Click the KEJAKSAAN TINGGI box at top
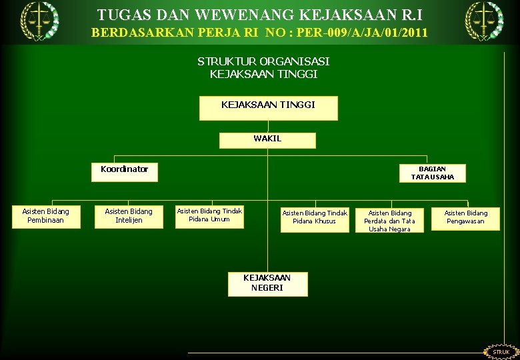tap(268, 107)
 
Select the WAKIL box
tap(267, 139)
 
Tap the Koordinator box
tap(125, 170)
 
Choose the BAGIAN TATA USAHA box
tap(432, 173)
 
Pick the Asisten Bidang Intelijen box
tap(129, 216)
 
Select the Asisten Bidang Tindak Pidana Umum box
tap(209, 215)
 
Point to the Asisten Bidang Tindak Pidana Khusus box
tap(315, 217)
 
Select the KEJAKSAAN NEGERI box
tap(267, 283)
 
